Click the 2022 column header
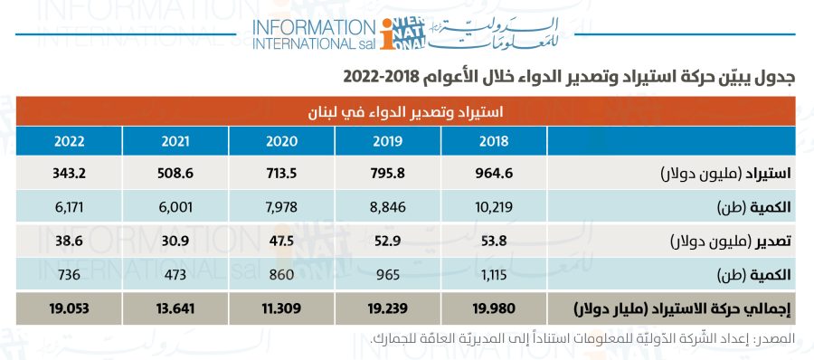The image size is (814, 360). (x=69, y=141)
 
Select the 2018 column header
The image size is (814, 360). (x=494, y=141)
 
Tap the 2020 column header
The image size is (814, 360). (x=281, y=141)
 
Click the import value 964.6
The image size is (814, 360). (x=494, y=173)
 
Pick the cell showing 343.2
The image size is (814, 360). (x=69, y=173)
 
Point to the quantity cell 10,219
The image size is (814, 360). (x=494, y=207)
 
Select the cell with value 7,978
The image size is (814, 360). (x=281, y=207)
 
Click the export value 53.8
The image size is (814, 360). (x=494, y=241)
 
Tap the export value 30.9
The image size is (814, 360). (x=175, y=241)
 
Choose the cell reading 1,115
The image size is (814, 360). (x=494, y=274)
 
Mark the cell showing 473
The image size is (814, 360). (x=175, y=274)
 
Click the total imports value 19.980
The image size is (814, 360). (x=494, y=308)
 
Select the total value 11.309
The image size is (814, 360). (x=281, y=308)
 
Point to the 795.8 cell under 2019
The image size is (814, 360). (x=388, y=173)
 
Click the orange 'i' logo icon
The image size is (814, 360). (x=387, y=34)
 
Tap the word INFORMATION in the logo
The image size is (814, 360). (x=314, y=27)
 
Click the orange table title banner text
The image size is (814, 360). (x=406, y=111)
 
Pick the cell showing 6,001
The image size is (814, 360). (x=175, y=207)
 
